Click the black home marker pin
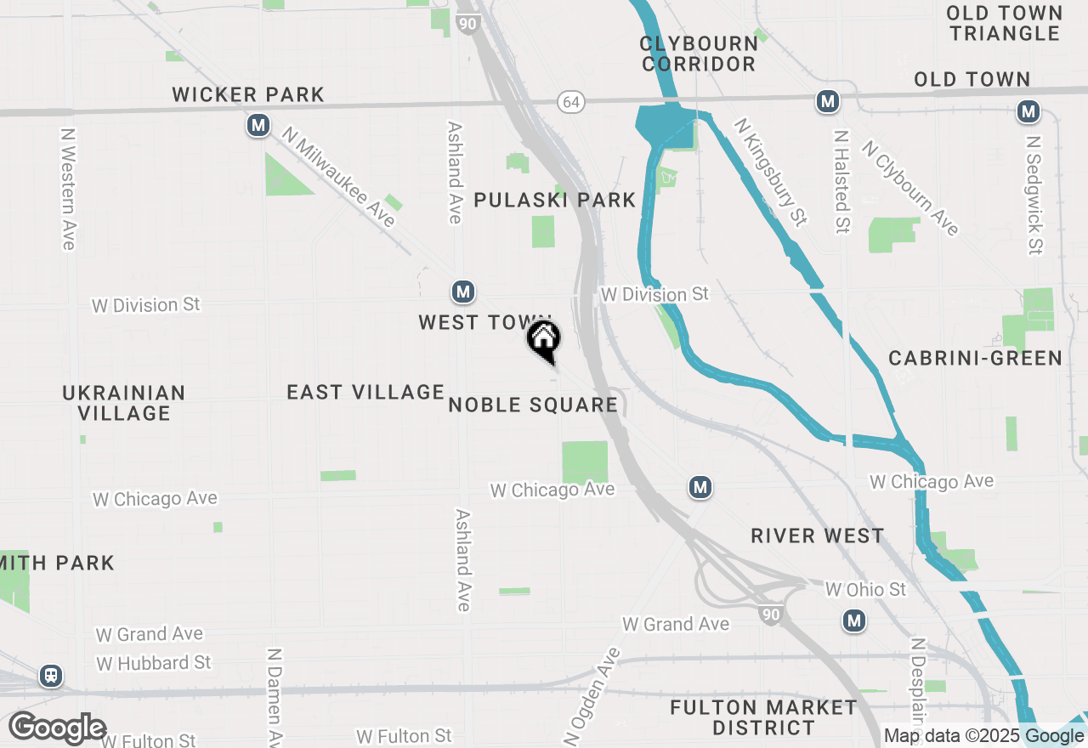[x=544, y=341]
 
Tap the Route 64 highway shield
[x=571, y=101]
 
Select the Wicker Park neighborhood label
[x=248, y=94]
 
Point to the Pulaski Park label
[x=554, y=200]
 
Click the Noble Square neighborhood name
[x=533, y=405]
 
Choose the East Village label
[x=365, y=392]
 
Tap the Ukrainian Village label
[x=124, y=403]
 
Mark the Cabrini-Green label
[x=975, y=358]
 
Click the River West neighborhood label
[x=818, y=535]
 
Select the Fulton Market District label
[x=763, y=717]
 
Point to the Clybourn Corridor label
[x=699, y=53]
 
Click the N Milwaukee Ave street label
[x=340, y=178]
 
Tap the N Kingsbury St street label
[x=771, y=172]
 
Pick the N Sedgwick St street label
[x=1034, y=195]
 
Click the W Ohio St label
[x=865, y=589]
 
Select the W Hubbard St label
[x=154, y=662]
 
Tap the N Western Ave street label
[x=68, y=189]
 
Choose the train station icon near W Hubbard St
[x=51, y=677]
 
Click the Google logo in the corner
[x=57, y=728]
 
